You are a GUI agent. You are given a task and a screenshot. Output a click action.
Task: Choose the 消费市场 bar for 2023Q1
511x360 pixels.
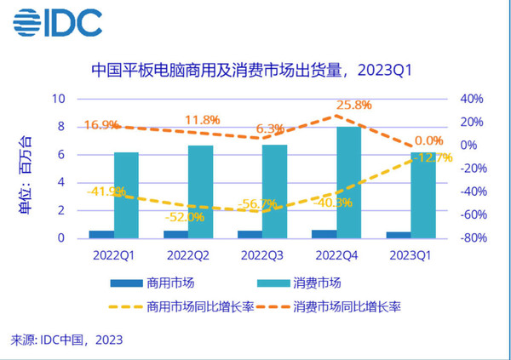point(422,195)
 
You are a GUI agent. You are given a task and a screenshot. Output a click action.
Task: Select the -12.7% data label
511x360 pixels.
point(432,157)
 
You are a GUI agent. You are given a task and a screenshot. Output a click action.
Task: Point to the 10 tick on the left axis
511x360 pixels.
point(59,99)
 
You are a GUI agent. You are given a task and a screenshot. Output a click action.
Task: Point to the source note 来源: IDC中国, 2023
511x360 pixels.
point(66,340)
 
